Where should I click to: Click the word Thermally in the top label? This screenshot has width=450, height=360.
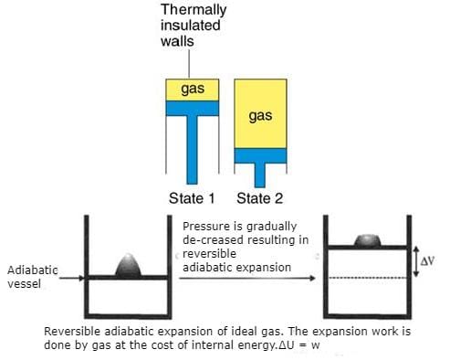coord(193,10)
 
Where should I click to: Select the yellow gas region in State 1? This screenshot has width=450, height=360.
coord(192,89)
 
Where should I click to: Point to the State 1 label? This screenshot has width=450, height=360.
coord(192,198)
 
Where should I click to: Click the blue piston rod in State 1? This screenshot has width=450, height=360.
coord(192,146)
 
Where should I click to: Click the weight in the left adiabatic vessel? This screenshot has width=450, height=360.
coord(129,264)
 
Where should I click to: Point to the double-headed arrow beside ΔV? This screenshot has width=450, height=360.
coord(414,262)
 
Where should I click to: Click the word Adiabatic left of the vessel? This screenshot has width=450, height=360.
coord(31,270)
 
